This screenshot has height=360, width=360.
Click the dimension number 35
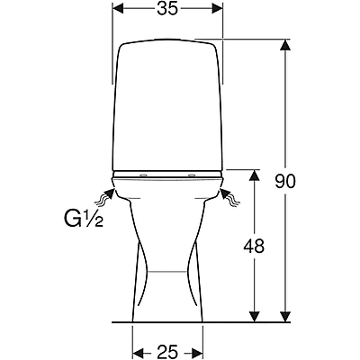[167, 9]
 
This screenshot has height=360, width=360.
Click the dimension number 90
[285, 181]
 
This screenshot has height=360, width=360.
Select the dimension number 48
[254, 246]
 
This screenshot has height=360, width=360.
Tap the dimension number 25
[167, 351]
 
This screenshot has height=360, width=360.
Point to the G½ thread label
[84, 218]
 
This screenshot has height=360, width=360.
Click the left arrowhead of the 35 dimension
[118, 9]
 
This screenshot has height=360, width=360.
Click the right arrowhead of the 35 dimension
[217, 9]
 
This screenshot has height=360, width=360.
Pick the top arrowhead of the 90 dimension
[285, 45]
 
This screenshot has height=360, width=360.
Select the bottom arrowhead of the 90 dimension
[285, 317]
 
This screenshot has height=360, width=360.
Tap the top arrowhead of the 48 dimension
[255, 175]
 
